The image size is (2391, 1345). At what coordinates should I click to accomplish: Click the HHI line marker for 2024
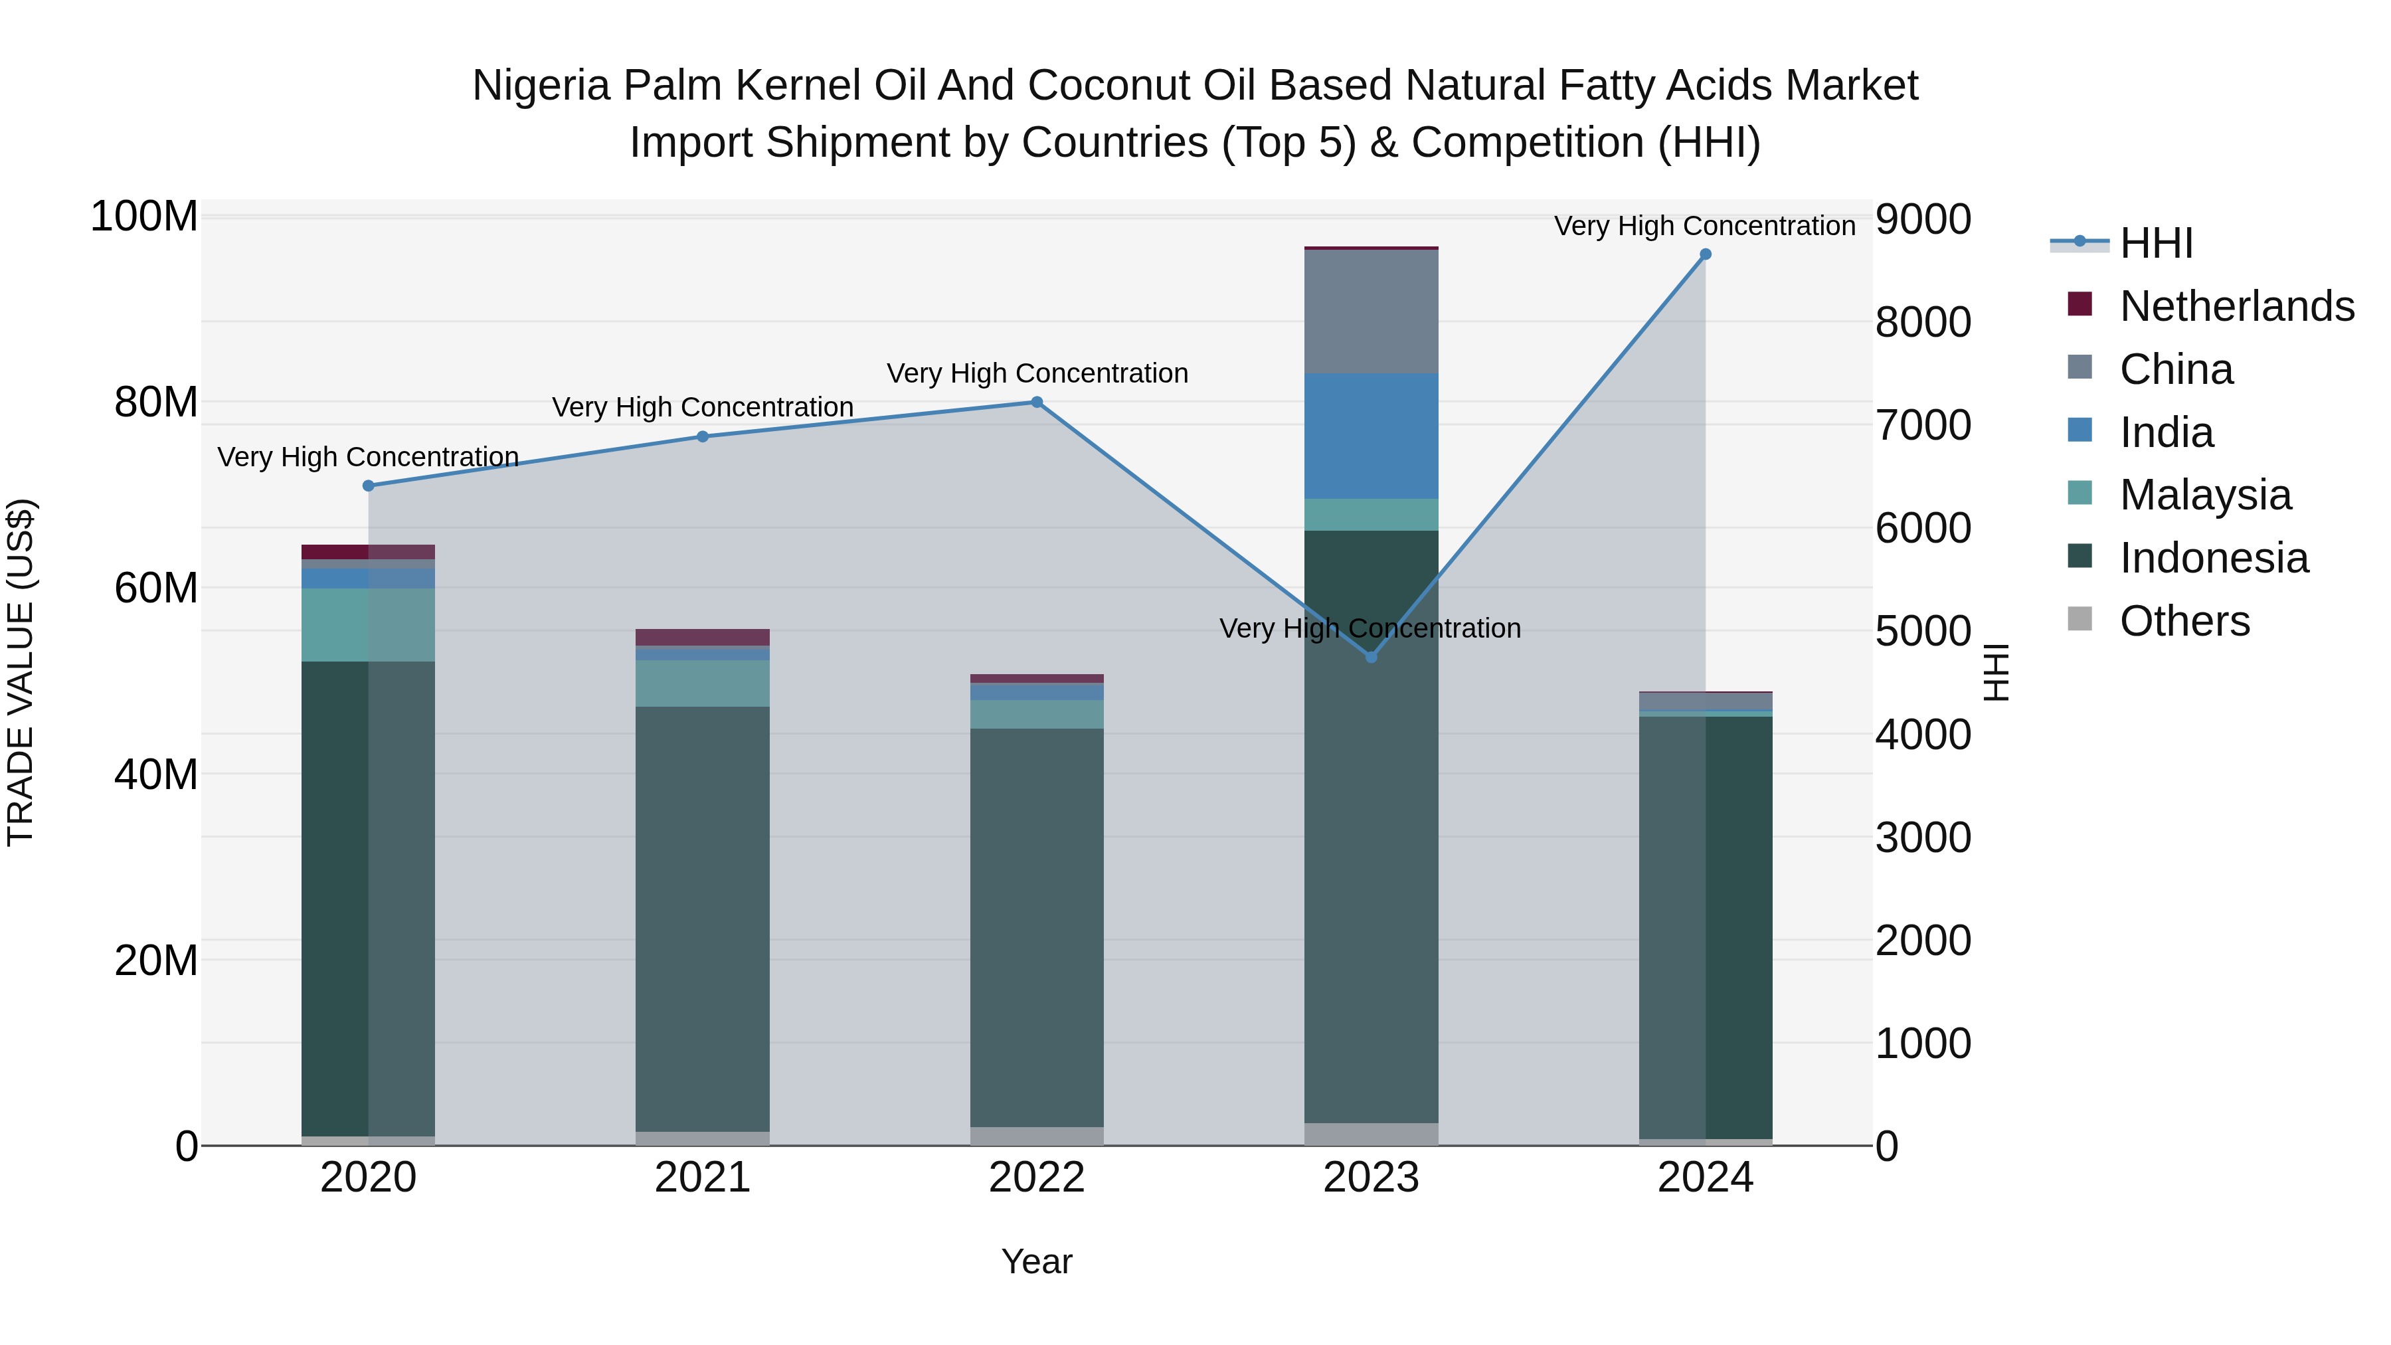coord(1705,254)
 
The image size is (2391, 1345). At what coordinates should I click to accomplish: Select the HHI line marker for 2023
coord(1371,657)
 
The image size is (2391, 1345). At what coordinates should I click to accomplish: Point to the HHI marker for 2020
coord(369,486)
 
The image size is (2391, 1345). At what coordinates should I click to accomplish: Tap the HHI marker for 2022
coord(1037,402)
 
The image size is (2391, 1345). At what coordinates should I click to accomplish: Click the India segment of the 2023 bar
coord(1371,436)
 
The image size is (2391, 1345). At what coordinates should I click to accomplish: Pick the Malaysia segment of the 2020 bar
coord(369,625)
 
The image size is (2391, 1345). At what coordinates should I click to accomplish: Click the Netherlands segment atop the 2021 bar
coord(703,637)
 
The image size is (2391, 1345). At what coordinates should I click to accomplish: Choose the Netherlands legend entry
coord(2235,306)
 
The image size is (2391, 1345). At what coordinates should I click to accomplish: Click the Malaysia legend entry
coord(2204,495)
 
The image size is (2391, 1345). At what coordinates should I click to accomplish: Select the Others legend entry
coord(2183,621)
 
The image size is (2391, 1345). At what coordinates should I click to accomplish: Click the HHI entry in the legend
coord(2155,243)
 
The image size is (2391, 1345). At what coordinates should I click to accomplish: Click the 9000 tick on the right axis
coord(1922,220)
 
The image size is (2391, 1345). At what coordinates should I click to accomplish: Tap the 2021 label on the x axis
coord(703,1178)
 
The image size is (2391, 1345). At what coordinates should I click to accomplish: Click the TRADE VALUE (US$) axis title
coord(21,672)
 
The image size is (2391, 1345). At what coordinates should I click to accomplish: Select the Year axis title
coord(1037,1261)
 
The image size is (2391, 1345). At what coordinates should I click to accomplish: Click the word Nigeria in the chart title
coord(541,86)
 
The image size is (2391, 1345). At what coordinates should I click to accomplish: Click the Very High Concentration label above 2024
coord(1704,226)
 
